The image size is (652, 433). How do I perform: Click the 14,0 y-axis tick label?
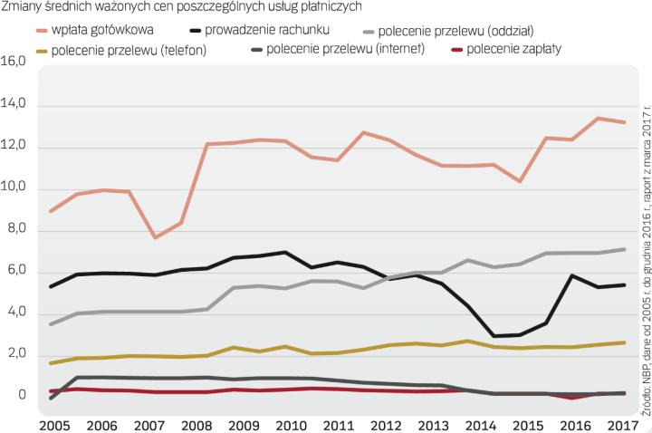click(x=14, y=105)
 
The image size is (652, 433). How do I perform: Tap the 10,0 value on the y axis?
click(x=14, y=188)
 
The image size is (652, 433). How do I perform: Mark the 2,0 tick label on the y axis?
click(x=14, y=354)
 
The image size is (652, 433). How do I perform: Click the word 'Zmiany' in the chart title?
click(x=24, y=7)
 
